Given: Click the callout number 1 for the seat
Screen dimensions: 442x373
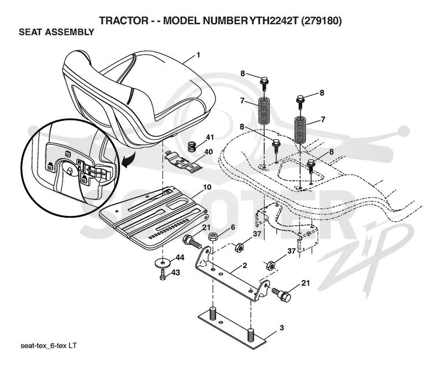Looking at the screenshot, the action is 198,55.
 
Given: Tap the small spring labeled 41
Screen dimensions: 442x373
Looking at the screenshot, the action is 192,147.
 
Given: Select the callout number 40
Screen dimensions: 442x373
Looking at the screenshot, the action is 208,152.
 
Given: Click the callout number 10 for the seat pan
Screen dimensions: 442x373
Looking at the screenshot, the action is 207,187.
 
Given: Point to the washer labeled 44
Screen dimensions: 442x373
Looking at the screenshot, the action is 162,263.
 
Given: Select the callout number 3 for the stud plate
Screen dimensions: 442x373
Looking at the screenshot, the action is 282,328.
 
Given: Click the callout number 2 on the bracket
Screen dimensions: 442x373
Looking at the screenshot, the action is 245,266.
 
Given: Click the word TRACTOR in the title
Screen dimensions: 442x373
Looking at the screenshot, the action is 124,21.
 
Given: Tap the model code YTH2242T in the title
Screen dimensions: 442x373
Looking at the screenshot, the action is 273,21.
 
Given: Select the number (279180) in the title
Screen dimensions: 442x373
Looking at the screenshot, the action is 322,21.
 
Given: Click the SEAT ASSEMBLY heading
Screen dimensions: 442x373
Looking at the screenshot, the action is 56,32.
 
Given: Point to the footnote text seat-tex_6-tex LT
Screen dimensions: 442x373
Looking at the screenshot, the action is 49,346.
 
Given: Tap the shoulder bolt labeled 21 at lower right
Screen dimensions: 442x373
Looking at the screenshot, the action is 281,294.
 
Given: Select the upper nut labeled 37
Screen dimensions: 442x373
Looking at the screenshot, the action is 239,248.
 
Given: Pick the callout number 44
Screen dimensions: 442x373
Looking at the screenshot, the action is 180,258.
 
